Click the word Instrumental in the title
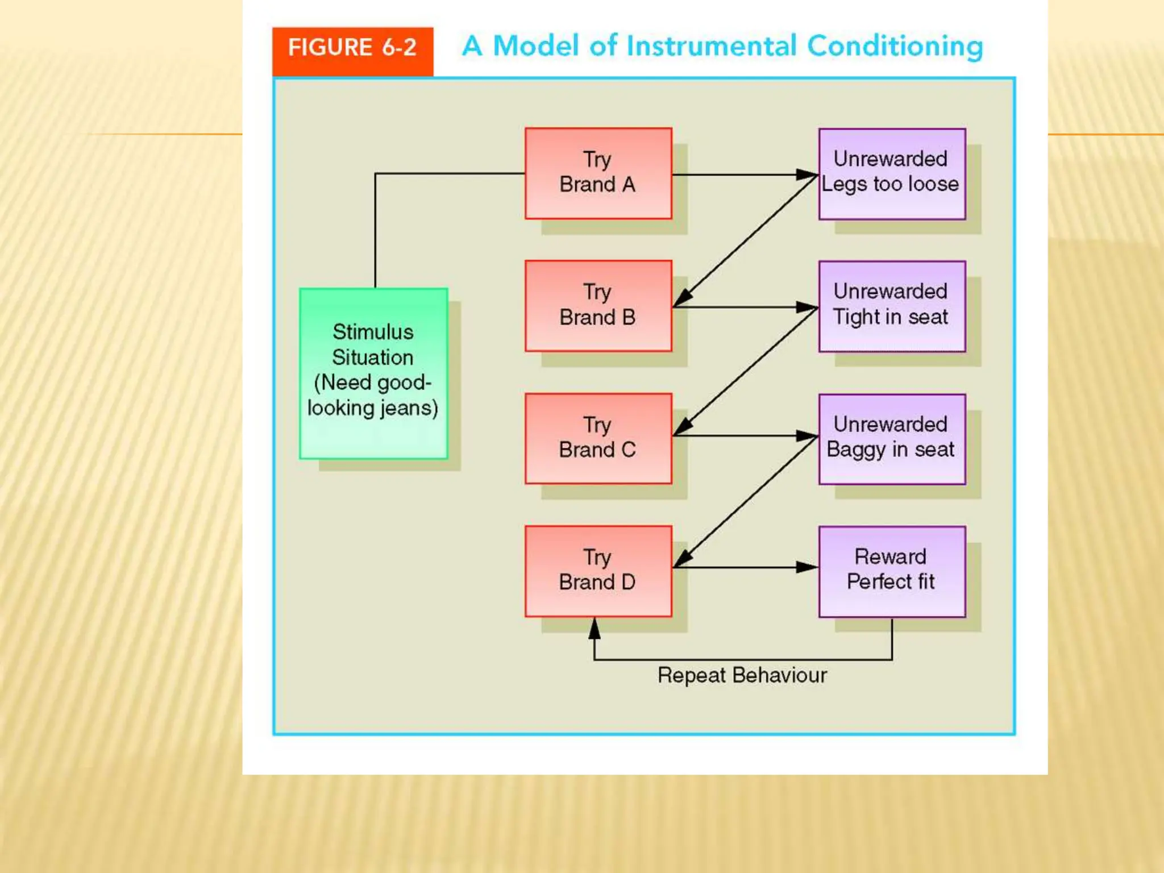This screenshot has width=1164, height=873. [x=711, y=46]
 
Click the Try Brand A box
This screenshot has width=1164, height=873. [x=598, y=173]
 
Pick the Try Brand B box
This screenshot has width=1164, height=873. [x=598, y=305]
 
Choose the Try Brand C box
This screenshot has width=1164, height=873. [x=598, y=438]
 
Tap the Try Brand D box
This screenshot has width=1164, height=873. [x=598, y=571]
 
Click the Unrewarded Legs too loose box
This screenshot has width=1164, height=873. [x=891, y=173]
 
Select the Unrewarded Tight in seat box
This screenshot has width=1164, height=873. [x=891, y=306]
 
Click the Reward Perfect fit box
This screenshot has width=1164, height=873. [x=891, y=571]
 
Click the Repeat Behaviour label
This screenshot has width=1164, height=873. [x=742, y=675]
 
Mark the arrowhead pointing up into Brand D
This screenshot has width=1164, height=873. [x=595, y=629]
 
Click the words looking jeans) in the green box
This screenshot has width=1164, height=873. [x=373, y=408]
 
